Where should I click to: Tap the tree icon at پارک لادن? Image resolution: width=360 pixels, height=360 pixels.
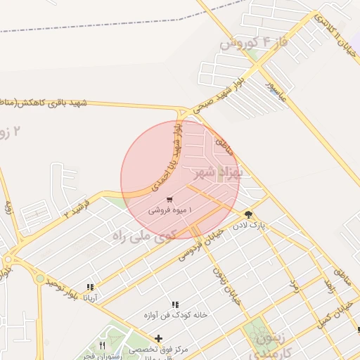click(248, 214)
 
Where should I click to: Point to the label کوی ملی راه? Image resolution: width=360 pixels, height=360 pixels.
click(143, 236)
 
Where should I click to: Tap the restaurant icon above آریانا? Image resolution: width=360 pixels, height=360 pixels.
click(90, 287)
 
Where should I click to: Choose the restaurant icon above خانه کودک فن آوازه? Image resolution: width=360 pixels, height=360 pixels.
click(175, 304)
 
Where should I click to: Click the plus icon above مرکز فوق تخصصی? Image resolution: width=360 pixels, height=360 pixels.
click(159, 338)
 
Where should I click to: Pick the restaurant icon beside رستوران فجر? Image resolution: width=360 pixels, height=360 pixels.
click(103, 346)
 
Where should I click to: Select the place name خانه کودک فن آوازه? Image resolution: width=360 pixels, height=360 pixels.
click(176, 315)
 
